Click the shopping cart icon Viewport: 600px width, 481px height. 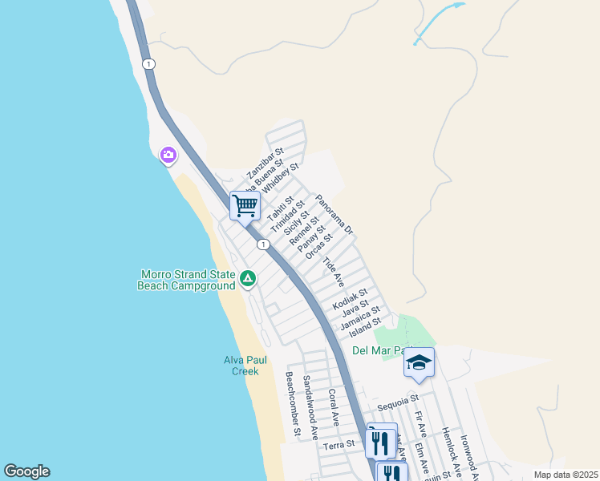pyautogui.click(x=245, y=205)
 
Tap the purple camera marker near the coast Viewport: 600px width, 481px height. pyautogui.click(x=168, y=155)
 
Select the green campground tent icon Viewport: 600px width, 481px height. pyautogui.click(x=248, y=279)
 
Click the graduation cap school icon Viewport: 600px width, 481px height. pyautogui.click(x=418, y=362)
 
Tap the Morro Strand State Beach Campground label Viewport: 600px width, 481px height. pyautogui.click(x=187, y=279)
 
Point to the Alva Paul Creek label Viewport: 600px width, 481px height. pyautogui.click(x=242, y=366)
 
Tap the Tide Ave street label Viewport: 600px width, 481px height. pyautogui.click(x=333, y=273)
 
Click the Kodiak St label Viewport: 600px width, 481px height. pyautogui.click(x=350, y=301)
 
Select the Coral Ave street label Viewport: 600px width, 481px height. pyautogui.click(x=334, y=407)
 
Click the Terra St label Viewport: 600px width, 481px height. pyautogui.click(x=339, y=444)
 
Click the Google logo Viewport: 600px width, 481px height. pyautogui.click(x=26, y=471)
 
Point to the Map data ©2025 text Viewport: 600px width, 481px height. pyautogui.click(x=565, y=475)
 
